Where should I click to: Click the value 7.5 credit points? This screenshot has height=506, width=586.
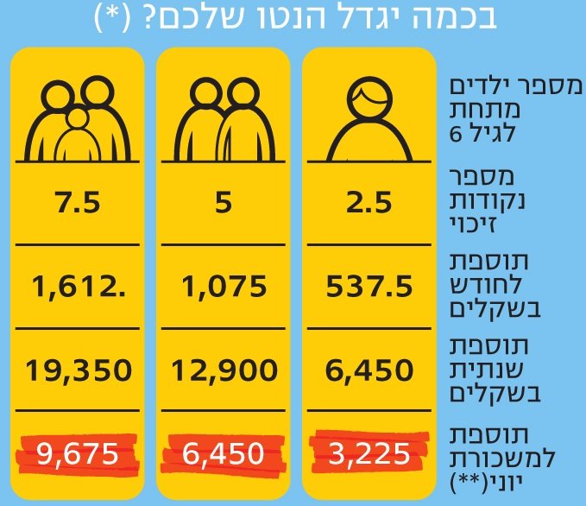click(x=76, y=205)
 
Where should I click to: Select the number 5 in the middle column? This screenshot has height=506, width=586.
click(x=224, y=205)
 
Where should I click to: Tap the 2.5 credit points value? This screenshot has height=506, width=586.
click(x=369, y=205)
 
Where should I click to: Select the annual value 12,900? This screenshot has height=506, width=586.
click(x=224, y=371)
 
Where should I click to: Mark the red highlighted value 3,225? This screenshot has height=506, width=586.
click(x=369, y=452)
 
